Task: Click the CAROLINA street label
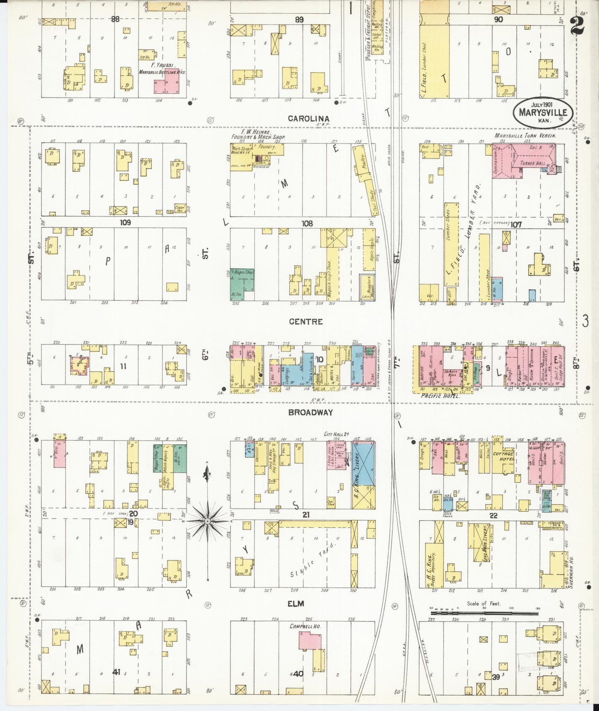pos(308,119)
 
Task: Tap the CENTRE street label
pos(306,321)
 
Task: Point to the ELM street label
pos(296,604)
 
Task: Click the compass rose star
pos(207,521)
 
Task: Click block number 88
pos(115,19)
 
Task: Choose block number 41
pos(116,672)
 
